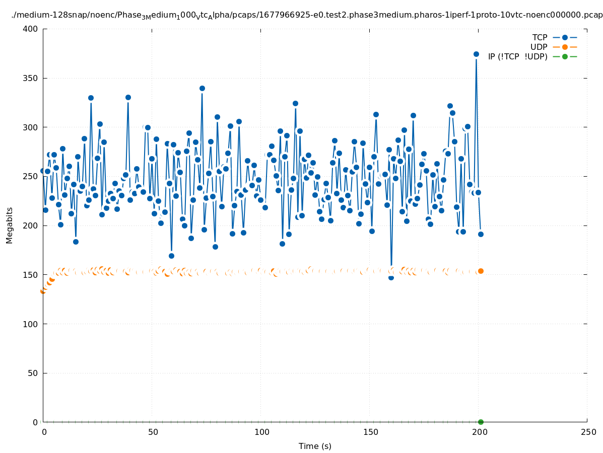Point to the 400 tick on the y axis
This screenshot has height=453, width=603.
[31, 29]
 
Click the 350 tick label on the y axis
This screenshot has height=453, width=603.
[31, 79]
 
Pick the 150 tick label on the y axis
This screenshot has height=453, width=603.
[31, 275]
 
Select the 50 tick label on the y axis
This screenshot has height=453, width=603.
[33, 373]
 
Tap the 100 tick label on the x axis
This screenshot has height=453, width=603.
[261, 432]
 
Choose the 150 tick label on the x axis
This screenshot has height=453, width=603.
[370, 432]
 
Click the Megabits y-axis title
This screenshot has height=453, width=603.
[10, 225]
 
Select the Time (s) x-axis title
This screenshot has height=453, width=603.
[315, 446]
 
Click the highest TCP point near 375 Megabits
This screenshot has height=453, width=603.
[476, 54]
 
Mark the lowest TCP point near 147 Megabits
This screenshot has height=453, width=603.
[391, 277]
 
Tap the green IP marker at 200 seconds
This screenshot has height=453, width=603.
[481, 422]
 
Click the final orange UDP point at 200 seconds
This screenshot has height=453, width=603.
[481, 271]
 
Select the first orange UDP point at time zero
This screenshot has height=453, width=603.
[43, 291]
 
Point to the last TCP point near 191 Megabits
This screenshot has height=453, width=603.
[481, 234]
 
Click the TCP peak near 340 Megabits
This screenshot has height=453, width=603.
[202, 88]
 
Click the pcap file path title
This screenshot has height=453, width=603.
[307, 16]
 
